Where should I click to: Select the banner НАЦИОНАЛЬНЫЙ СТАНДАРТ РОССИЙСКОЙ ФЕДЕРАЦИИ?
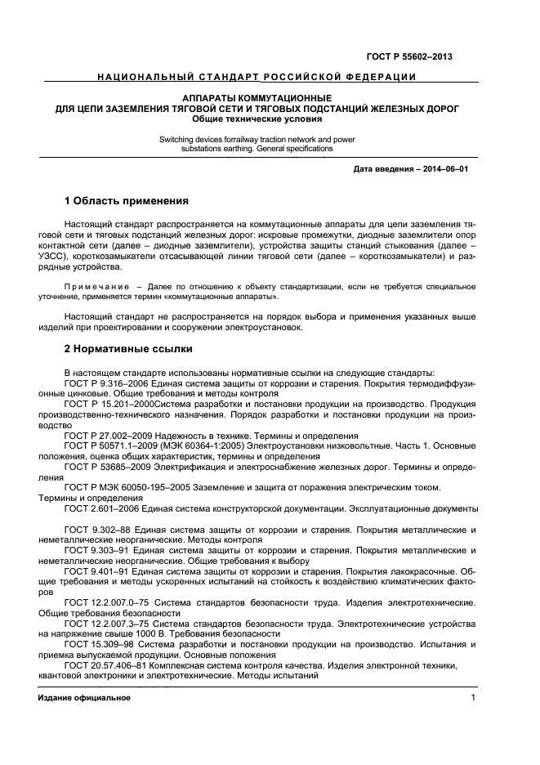(257, 78)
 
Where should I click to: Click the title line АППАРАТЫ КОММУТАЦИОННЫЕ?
(257, 98)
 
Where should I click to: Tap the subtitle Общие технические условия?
(257, 119)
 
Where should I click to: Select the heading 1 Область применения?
(127, 200)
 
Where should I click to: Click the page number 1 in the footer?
(473, 699)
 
